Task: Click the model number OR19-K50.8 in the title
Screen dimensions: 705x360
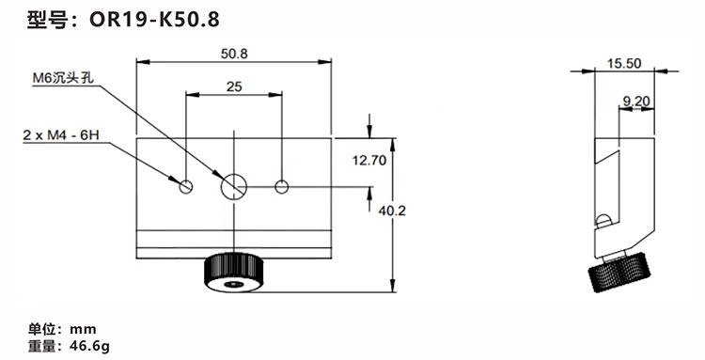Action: [x=154, y=20]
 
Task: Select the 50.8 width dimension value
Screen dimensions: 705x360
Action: [x=234, y=54]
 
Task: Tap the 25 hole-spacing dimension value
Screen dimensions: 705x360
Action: [x=234, y=86]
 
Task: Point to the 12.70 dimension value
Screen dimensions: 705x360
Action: [x=369, y=161]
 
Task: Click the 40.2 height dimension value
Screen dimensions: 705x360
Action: [x=392, y=211]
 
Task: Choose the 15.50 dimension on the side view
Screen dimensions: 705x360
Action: [x=624, y=63]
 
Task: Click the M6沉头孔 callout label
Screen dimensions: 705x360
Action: [x=63, y=78]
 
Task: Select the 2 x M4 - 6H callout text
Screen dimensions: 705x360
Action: [x=61, y=134]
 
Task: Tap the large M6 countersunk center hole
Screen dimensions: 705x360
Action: [x=234, y=186]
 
